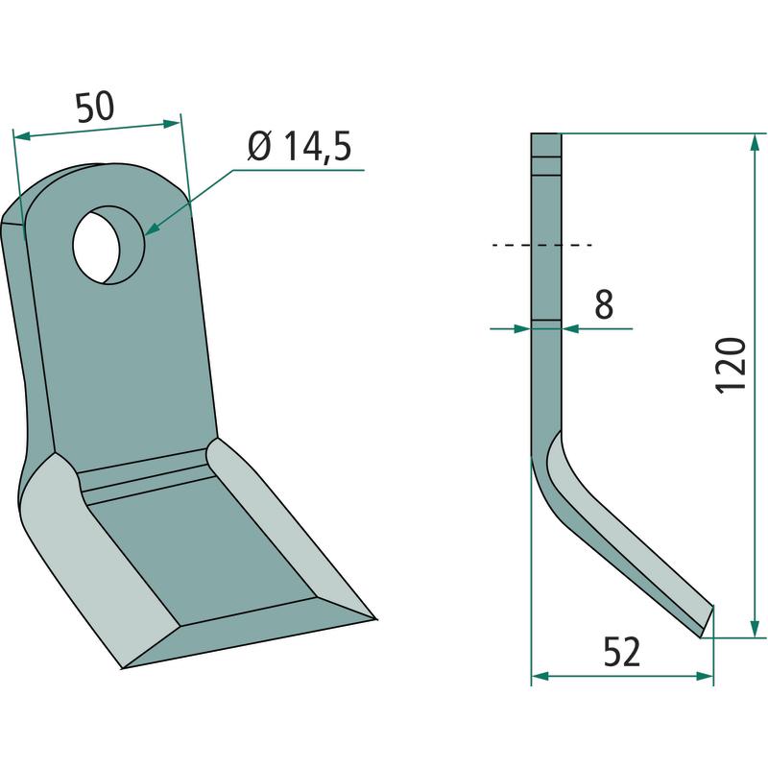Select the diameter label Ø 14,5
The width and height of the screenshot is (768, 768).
(x=300, y=146)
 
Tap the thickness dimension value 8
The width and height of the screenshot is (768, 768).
(x=604, y=303)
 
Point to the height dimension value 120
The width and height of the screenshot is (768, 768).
(x=731, y=364)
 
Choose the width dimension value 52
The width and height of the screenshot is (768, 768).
(x=621, y=652)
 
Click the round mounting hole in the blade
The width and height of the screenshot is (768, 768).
(x=108, y=245)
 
